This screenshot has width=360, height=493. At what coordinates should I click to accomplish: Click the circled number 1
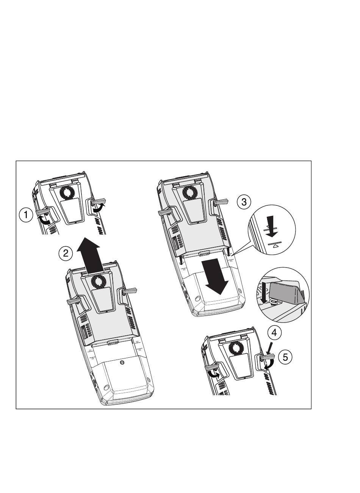tap(26, 216)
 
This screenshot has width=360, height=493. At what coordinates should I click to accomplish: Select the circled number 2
tap(66, 253)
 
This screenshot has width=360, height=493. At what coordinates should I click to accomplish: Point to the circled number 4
tap(274, 333)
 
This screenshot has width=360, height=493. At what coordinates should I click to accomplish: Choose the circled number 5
tap(285, 357)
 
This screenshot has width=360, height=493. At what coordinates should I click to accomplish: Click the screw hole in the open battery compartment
tap(122, 363)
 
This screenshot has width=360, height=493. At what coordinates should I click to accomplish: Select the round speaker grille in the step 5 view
tap(237, 348)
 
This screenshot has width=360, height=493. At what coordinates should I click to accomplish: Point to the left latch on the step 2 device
tap(74, 301)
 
